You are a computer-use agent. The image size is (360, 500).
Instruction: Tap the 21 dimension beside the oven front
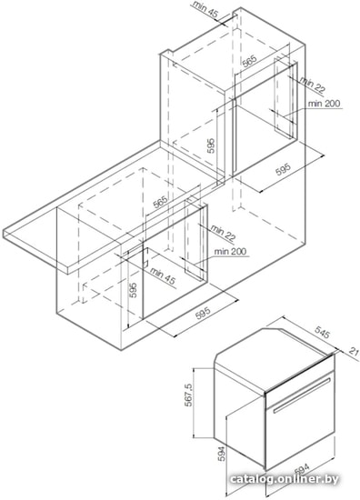355,352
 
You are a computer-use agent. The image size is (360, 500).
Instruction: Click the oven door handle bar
301,395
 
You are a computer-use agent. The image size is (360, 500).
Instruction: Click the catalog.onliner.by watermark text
284,479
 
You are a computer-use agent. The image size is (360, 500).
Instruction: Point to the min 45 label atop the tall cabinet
205,8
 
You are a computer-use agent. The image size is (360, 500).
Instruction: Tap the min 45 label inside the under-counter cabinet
163,276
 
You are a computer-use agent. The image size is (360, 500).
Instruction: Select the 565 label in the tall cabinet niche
249,61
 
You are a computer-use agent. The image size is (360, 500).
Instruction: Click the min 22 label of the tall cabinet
313,85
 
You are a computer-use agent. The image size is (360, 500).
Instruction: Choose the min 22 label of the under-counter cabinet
223,233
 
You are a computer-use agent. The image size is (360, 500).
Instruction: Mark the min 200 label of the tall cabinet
324,104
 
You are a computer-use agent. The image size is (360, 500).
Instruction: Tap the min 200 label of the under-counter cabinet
230,251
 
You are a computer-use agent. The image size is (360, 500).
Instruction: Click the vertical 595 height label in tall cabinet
210,146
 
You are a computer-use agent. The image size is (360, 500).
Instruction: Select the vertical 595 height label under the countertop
134,290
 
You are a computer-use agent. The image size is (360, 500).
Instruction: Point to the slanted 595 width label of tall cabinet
283,169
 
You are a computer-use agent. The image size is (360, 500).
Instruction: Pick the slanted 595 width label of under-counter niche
203,314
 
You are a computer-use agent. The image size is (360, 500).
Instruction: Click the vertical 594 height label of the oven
222,454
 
